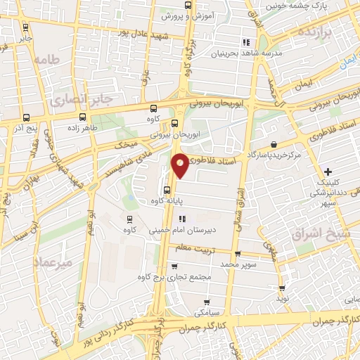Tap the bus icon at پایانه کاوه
(167, 189)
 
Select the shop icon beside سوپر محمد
(237, 255)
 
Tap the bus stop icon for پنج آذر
(26, 117)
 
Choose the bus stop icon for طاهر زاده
(83, 117)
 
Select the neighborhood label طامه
(47, 58)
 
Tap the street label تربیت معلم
(209, 248)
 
